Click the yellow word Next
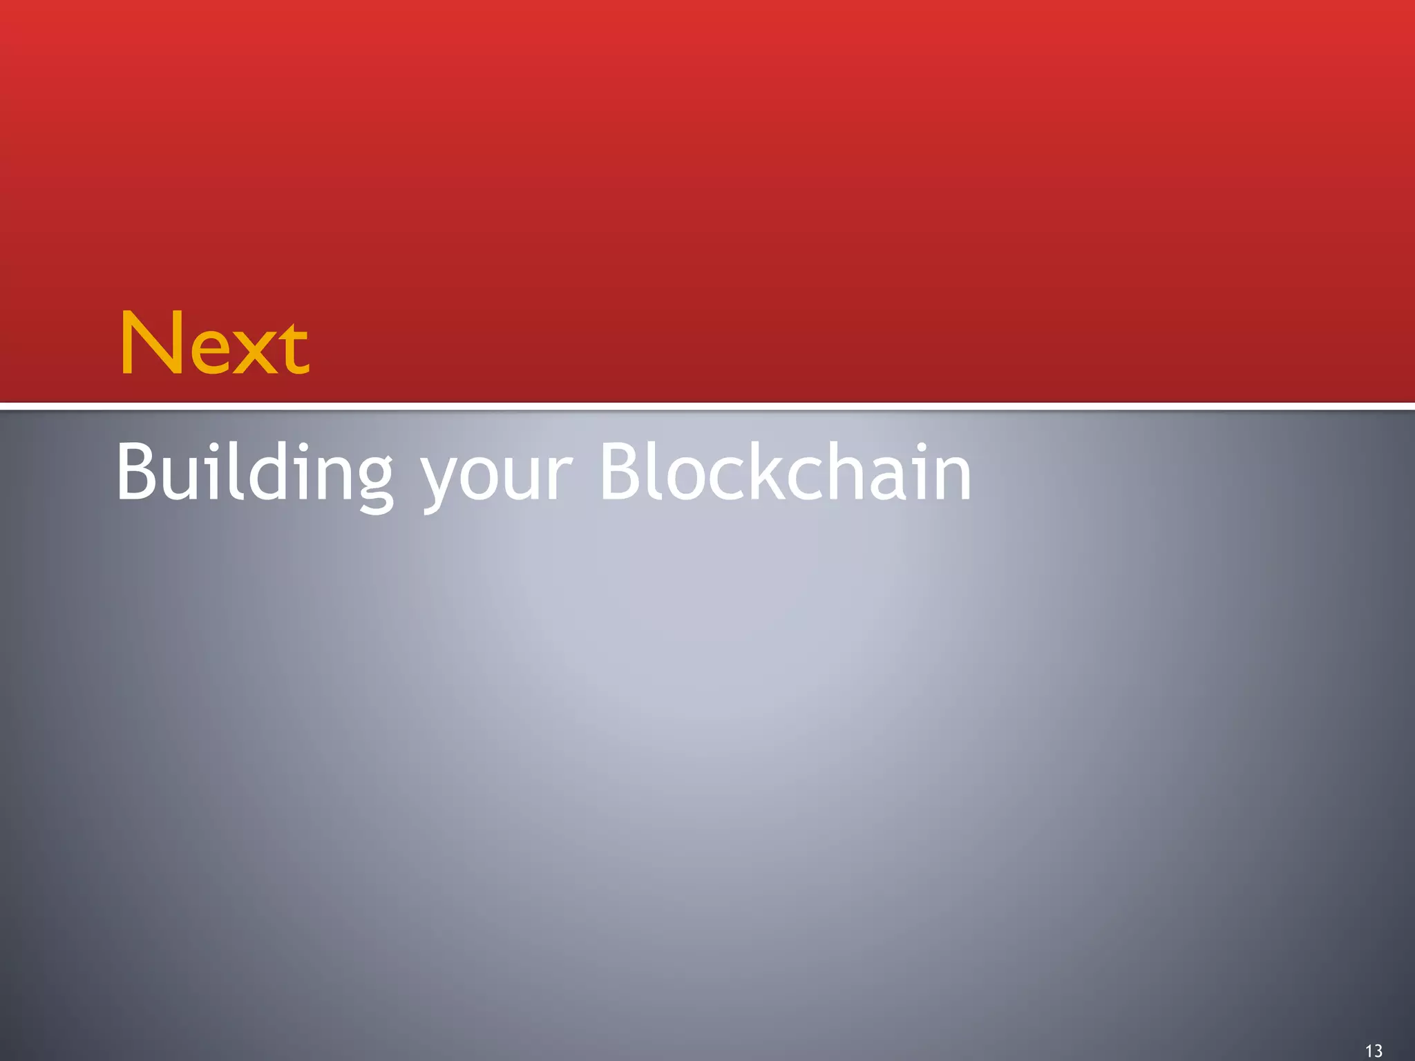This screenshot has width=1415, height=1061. coord(214,344)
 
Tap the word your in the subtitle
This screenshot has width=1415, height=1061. coord(496,477)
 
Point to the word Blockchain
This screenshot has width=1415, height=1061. coord(785,471)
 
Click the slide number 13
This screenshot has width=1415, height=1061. coord(1374,1051)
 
